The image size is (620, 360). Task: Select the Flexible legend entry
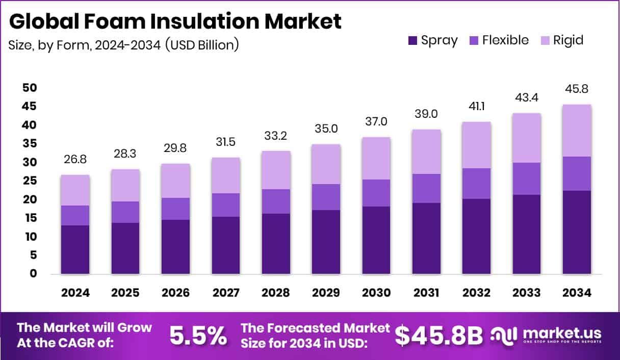pyautogui.click(x=498, y=40)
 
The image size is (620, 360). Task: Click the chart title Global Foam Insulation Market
pyautogui.click(x=175, y=21)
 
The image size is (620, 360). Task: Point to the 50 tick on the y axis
pyautogui.click(x=30, y=88)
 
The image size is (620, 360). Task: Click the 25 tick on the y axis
pyautogui.click(x=30, y=181)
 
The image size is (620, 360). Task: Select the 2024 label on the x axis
pyautogui.click(x=75, y=293)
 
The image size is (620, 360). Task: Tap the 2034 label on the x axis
pyautogui.click(x=577, y=293)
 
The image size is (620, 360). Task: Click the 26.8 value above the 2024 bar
pyautogui.click(x=75, y=160)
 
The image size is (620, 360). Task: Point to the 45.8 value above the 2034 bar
pyautogui.click(x=577, y=89)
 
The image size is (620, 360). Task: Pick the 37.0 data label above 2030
pyautogui.click(x=376, y=122)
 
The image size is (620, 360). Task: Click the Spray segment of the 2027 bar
pyautogui.click(x=226, y=245)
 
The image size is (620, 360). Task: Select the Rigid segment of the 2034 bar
pyautogui.click(x=577, y=131)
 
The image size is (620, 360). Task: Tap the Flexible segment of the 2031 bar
pyautogui.click(x=427, y=188)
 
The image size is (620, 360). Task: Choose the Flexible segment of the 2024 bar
pyautogui.click(x=75, y=215)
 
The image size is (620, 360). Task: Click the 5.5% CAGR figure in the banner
pyautogui.click(x=198, y=335)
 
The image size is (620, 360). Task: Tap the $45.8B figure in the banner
pyautogui.click(x=438, y=335)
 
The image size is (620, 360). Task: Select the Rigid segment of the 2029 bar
pyautogui.click(x=326, y=164)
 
